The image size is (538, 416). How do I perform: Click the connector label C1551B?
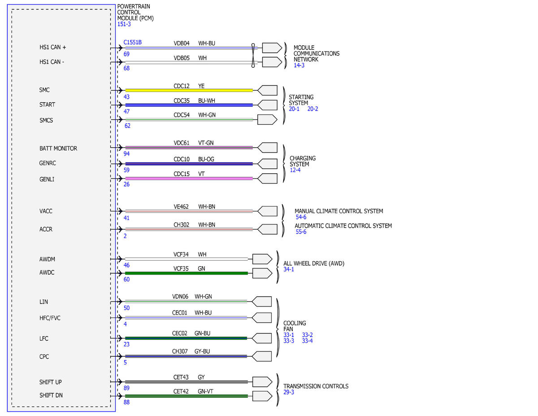click(x=132, y=42)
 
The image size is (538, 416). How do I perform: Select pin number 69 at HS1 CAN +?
click(x=126, y=54)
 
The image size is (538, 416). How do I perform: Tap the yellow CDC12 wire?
click(x=189, y=91)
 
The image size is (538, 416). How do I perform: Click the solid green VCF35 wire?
click(x=187, y=273)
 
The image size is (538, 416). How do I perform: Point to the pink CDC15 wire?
click(x=189, y=179)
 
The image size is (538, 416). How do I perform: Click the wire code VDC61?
click(x=182, y=143)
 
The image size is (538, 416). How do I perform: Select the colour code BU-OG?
click(x=206, y=159)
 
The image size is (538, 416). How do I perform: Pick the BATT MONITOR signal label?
click(x=58, y=149)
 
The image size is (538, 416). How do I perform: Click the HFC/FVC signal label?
click(x=50, y=318)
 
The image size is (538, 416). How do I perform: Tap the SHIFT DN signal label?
click(x=51, y=395)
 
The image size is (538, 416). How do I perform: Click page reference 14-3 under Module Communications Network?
click(x=299, y=66)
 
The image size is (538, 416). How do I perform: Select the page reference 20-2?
click(x=312, y=109)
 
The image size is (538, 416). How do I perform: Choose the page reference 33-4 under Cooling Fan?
click(x=307, y=341)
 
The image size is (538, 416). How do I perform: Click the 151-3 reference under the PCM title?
click(x=124, y=24)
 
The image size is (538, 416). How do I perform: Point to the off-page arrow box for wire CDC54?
click(x=267, y=120)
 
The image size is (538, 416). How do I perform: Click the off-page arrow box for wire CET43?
click(x=262, y=382)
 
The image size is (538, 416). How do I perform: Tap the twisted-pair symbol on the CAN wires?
click(x=253, y=55)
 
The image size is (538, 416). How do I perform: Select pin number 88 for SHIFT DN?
click(x=126, y=402)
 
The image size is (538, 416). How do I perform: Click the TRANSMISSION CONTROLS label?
click(x=316, y=386)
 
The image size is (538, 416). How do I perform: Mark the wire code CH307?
click(x=180, y=351)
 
